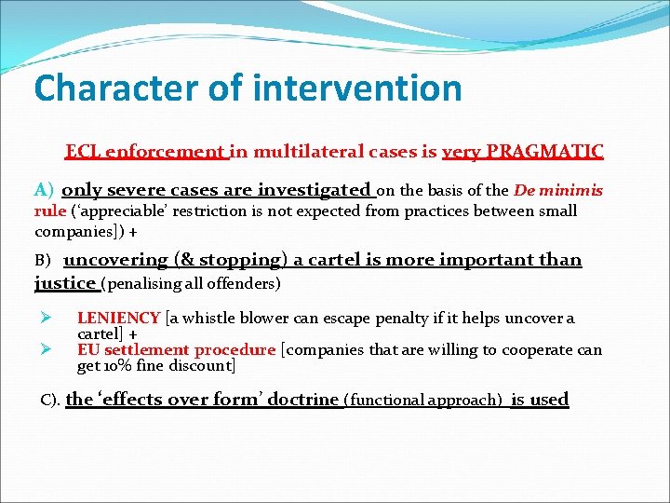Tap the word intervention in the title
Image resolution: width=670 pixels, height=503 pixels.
357,88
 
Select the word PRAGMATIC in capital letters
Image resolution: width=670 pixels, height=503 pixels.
549,151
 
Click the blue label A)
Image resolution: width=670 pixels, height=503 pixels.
45,191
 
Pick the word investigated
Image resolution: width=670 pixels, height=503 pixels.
314,191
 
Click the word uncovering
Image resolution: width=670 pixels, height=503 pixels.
115,261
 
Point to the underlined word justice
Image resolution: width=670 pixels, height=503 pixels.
65,282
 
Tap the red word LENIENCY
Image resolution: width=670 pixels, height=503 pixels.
118,319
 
